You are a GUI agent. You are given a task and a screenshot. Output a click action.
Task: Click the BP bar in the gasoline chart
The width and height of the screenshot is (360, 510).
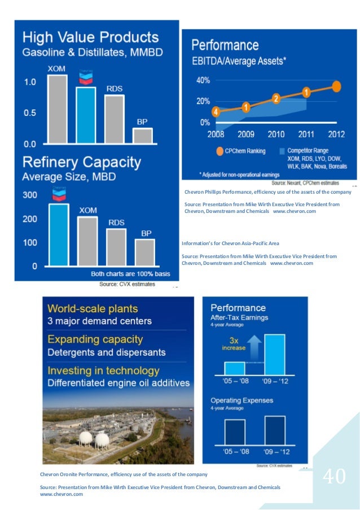[142, 136]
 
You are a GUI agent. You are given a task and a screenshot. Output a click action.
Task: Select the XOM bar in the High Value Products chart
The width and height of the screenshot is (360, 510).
[57, 109]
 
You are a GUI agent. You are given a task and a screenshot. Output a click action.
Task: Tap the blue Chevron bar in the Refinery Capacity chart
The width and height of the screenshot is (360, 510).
[59, 234]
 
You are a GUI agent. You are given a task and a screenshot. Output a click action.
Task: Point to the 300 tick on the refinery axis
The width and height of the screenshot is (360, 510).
[30, 195]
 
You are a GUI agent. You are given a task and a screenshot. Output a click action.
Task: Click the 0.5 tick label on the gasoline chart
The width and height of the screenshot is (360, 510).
[29, 113]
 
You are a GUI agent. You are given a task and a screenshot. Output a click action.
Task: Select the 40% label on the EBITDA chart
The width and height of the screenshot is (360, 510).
[203, 81]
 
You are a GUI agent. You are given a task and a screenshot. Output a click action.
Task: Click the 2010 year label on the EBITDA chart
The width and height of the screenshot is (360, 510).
[276, 134]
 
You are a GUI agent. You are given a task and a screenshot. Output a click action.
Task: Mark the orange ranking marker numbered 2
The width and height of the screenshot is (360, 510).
[276, 99]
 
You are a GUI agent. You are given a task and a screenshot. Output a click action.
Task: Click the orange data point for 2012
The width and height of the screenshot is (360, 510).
[336, 86]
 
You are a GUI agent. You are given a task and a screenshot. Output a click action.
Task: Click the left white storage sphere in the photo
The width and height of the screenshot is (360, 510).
[86, 439]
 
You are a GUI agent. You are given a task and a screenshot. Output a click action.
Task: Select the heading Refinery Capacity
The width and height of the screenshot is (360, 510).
[82, 163]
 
